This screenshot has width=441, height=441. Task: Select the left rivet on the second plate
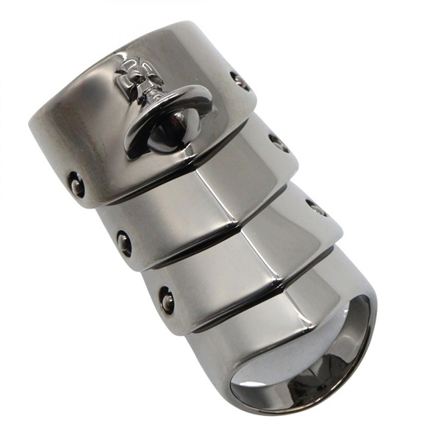pos(124,243)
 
